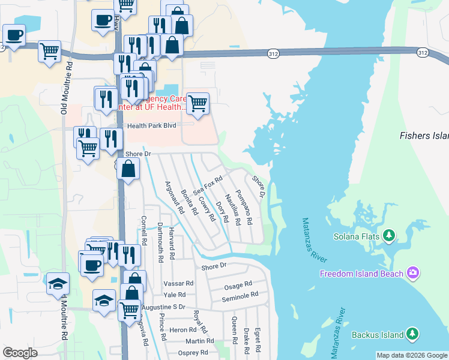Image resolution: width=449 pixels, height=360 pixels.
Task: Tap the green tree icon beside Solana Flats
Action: click(389, 233)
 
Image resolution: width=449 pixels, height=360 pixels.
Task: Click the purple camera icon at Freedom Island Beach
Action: click(412, 273)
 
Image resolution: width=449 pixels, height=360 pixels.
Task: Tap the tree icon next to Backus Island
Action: click(412, 333)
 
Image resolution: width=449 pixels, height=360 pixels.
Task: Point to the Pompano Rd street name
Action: click(244, 206)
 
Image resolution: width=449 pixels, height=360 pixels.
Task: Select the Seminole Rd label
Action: click(240, 297)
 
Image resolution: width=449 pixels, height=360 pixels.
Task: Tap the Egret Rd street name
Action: click(258, 340)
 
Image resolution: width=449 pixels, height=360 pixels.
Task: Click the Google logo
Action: click(20, 353)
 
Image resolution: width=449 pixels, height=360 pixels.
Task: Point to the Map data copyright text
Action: click(412, 355)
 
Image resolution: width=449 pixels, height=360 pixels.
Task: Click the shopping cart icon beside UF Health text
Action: click(197, 103)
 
